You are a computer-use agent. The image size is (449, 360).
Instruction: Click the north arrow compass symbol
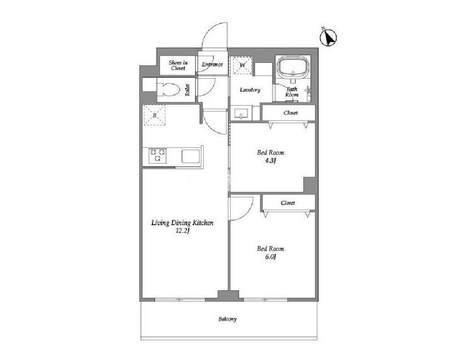[328, 38]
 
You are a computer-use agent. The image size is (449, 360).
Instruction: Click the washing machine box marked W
[242, 65]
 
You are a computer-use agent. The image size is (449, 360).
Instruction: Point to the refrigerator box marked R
[155, 115]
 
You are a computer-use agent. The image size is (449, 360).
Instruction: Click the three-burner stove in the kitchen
[157, 156]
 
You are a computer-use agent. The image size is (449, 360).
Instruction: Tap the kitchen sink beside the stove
[191, 156]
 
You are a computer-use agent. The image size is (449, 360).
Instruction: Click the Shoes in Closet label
[178, 65]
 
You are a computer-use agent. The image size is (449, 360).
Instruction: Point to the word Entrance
[212, 64]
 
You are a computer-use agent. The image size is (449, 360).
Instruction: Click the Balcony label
[228, 319]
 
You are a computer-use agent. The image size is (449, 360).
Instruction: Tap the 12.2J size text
[182, 231]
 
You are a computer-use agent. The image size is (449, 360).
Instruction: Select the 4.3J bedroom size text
[270, 160]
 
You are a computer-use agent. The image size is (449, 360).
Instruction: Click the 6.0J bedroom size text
[271, 257]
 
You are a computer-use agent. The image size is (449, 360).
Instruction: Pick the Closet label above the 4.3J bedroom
[291, 113]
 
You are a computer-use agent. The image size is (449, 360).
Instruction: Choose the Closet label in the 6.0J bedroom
[288, 203]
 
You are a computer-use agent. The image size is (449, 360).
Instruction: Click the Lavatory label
[250, 90]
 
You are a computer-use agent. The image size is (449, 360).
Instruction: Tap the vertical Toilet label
[187, 89]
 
